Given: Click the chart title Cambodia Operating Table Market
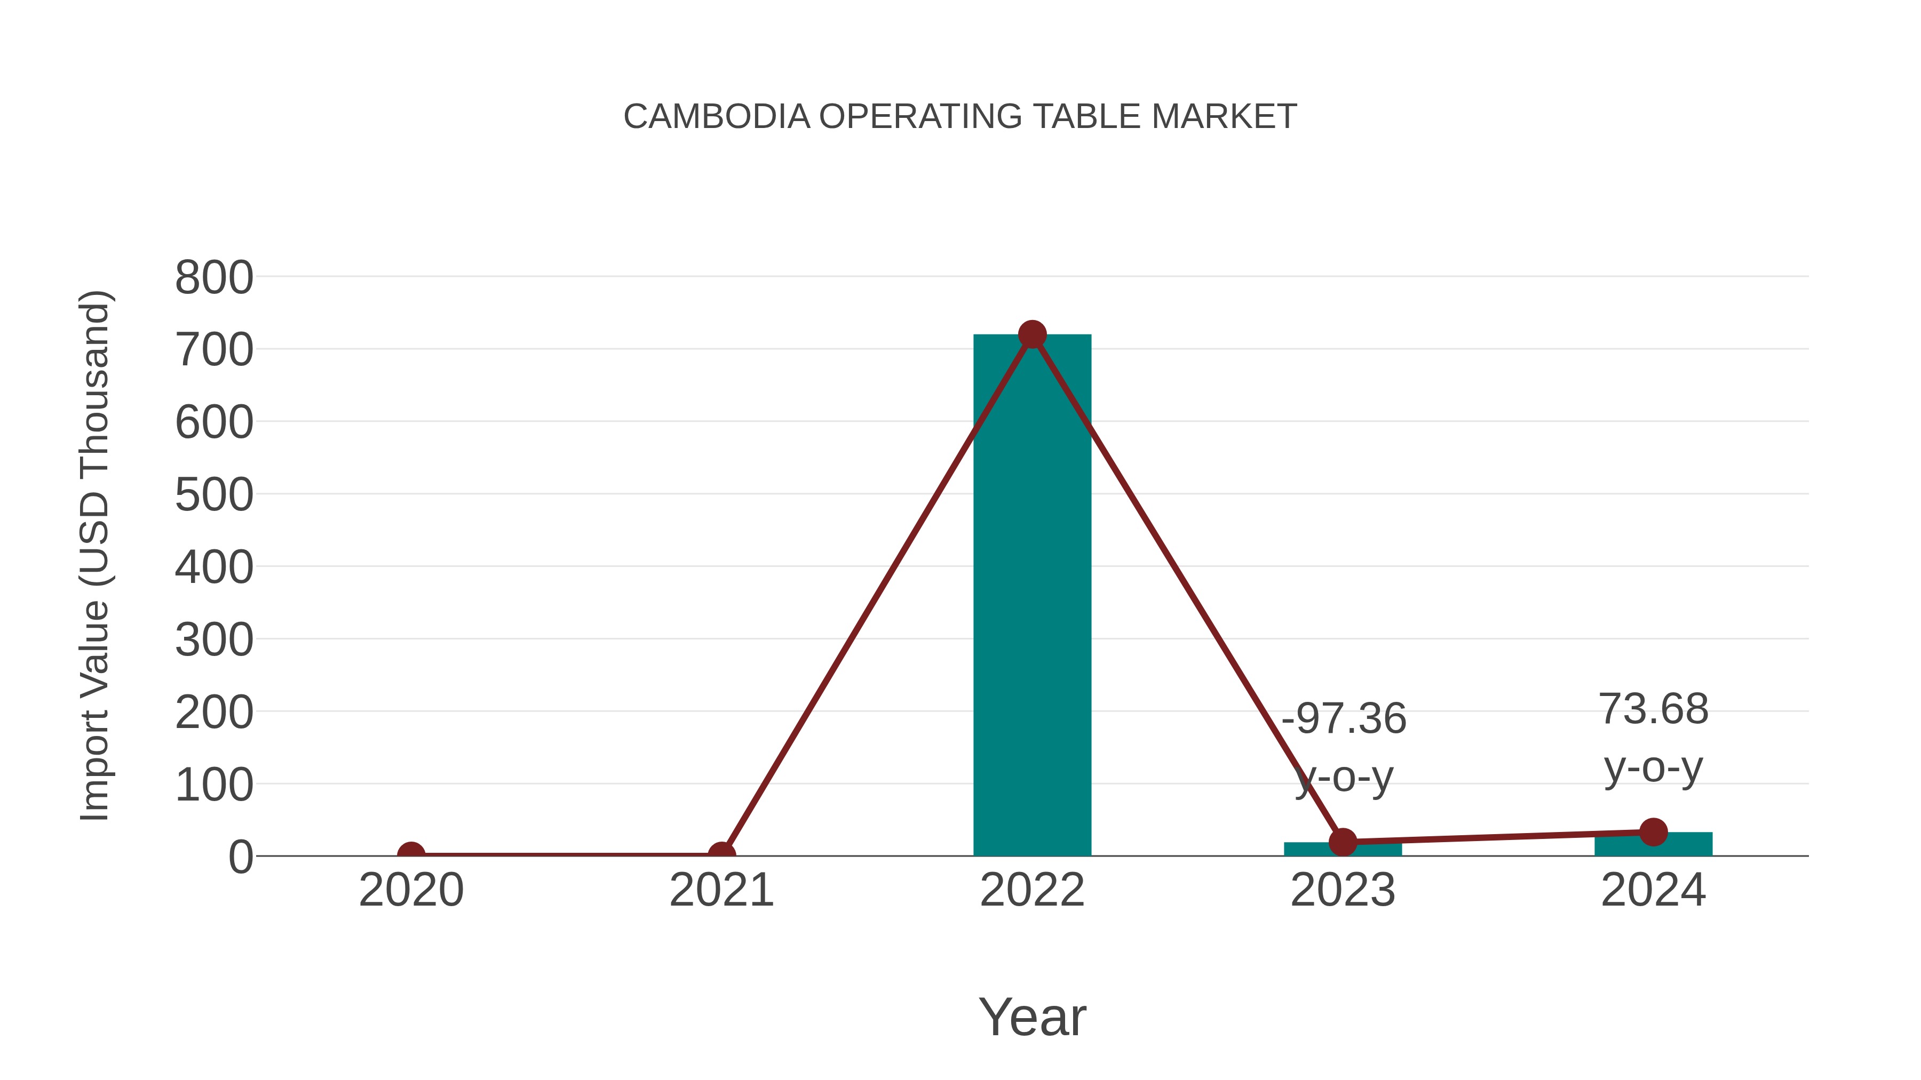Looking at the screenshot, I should [960, 117].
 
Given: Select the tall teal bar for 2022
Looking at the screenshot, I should [1032, 596].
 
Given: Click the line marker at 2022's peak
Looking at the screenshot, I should [1032, 334].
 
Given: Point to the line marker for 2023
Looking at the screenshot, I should [1343, 842].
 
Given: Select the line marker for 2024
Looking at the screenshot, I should [1653, 832].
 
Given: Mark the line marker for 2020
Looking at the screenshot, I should [411, 855].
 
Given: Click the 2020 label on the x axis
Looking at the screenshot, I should [411, 891].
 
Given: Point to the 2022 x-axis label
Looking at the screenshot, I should [1032, 891].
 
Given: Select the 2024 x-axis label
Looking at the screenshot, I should [1653, 891].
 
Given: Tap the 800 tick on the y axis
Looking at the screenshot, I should [214, 278].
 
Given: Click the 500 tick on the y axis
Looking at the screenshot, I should [214, 495].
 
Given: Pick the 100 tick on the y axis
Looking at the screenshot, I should [214, 786].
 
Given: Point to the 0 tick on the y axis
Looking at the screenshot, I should [241, 857].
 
